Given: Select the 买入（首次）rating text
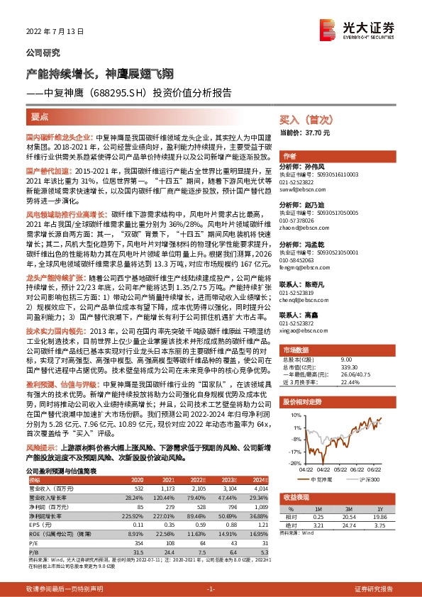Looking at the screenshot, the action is [x=304, y=121].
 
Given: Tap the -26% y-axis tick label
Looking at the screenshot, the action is [x=294, y=463].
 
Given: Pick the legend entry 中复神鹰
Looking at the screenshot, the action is [x=321, y=479].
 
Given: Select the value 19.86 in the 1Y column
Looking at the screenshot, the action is [x=383, y=517].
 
